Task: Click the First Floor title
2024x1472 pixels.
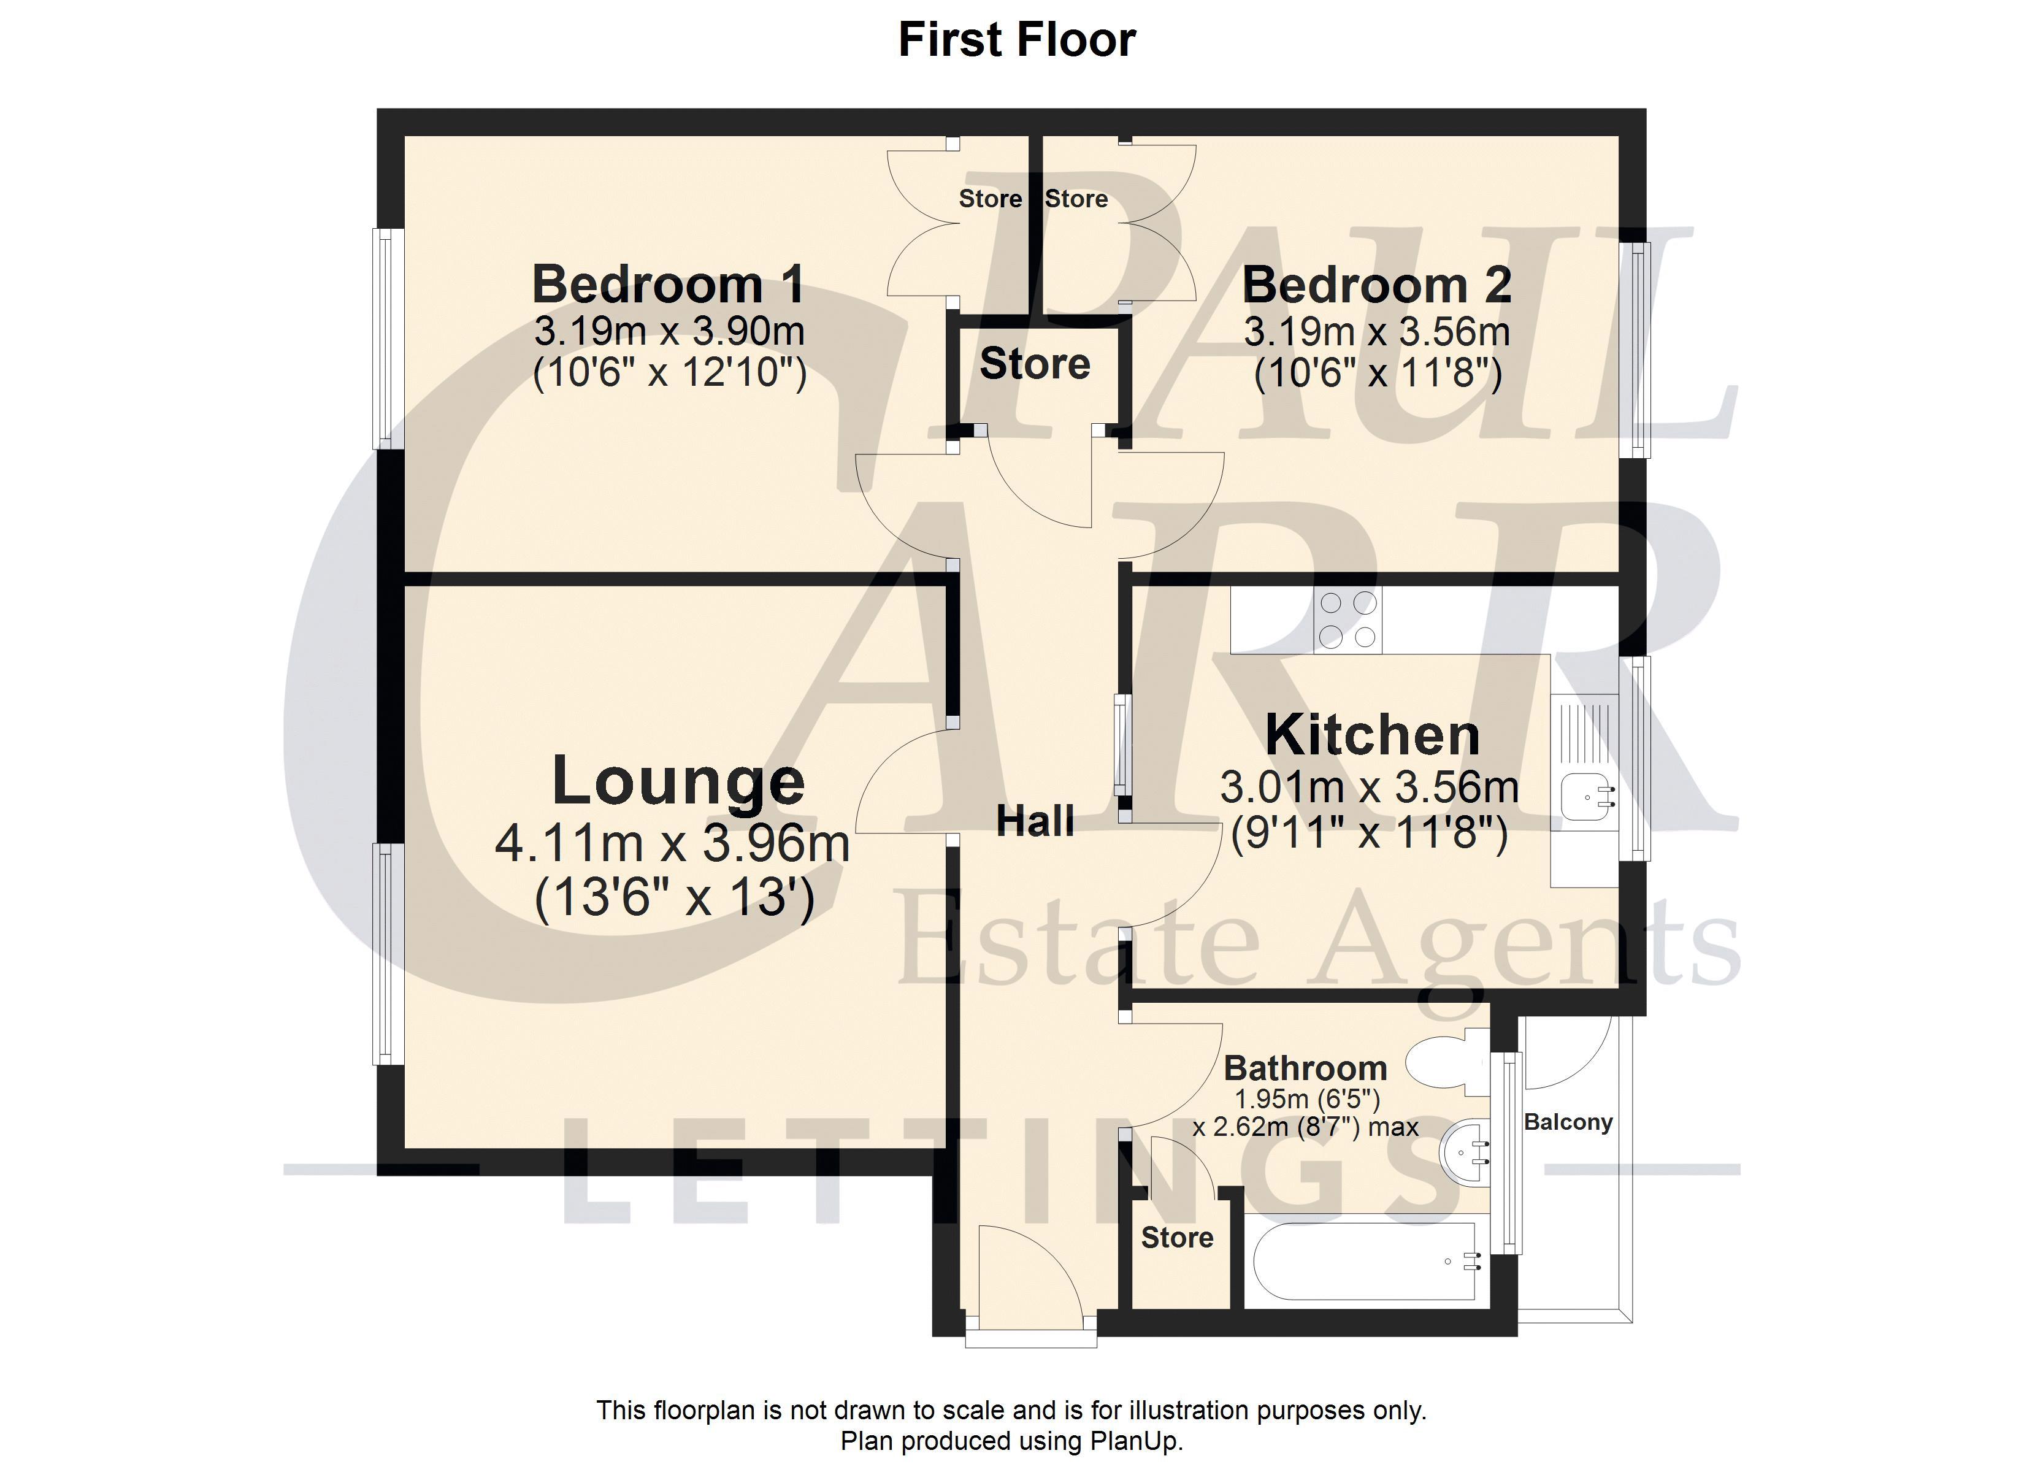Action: [x=1016, y=40]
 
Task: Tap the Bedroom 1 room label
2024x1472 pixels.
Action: [x=669, y=284]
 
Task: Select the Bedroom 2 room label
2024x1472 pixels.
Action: [x=1377, y=285]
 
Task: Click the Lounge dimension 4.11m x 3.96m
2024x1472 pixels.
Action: [x=672, y=843]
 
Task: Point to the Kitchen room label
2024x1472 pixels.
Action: [x=1373, y=735]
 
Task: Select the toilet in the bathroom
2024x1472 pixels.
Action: [x=1447, y=1062]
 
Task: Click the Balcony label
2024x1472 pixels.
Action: [x=1568, y=1122]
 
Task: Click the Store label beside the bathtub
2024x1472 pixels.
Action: [x=1177, y=1237]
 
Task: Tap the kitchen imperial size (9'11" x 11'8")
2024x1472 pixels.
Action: [x=1369, y=834]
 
